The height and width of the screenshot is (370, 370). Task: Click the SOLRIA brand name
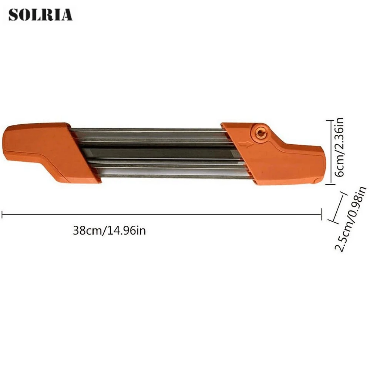[40, 15]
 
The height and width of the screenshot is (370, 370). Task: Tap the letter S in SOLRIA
[14, 15]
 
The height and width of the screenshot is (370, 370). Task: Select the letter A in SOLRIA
[67, 15]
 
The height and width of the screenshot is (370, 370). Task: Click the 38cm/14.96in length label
[109, 231]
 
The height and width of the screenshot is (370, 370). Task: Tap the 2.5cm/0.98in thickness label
[351, 219]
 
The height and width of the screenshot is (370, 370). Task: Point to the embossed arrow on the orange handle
[245, 144]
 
